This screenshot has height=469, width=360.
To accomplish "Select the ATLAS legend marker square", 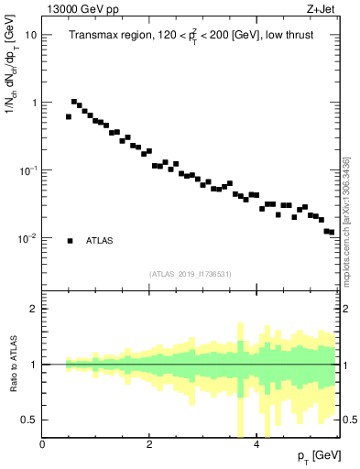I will (x=70, y=241).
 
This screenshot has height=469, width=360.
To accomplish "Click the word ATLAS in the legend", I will (x=100, y=241).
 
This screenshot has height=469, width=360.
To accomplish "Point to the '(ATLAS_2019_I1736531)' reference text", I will (x=191, y=274).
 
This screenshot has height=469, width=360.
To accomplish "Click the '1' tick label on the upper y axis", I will (x=34, y=103).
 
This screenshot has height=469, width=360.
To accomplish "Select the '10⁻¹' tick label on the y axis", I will (x=29, y=170).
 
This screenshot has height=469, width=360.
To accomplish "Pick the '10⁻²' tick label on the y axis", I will (x=29, y=238).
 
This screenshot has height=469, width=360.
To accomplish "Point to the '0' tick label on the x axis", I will (x=43, y=444).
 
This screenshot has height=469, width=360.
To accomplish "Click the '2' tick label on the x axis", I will (x=149, y=444).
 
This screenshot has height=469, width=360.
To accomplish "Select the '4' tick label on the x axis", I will (x=256, y=444).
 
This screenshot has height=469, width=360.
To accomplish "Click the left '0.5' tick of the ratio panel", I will (x=31, y=420).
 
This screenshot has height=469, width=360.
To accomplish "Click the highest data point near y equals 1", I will (x=74, y=102).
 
